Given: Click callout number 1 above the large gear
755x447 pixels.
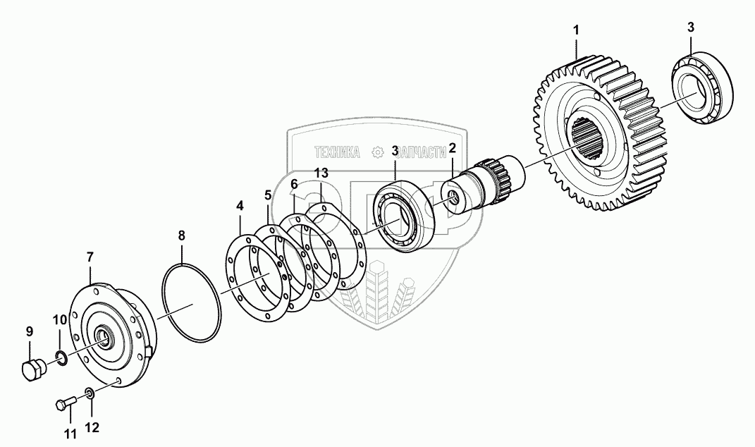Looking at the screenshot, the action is [x=576, y=30].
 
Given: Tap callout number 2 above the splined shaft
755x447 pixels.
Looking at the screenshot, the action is [x=452, y=148].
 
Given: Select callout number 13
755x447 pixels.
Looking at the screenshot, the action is [x=321, y=173].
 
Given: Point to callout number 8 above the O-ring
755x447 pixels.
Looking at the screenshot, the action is [x=181, y=235].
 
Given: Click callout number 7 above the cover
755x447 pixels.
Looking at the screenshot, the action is [x=90, y=257].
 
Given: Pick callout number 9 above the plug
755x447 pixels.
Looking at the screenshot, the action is [x=30, y=331].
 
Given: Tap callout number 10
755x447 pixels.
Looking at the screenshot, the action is [x=60, y=320].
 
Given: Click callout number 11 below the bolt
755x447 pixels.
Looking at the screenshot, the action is [x=70, y=434].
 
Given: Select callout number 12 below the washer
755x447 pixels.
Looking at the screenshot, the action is [x=92, y=427].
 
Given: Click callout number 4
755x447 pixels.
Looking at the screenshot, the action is [x=240, y=206].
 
